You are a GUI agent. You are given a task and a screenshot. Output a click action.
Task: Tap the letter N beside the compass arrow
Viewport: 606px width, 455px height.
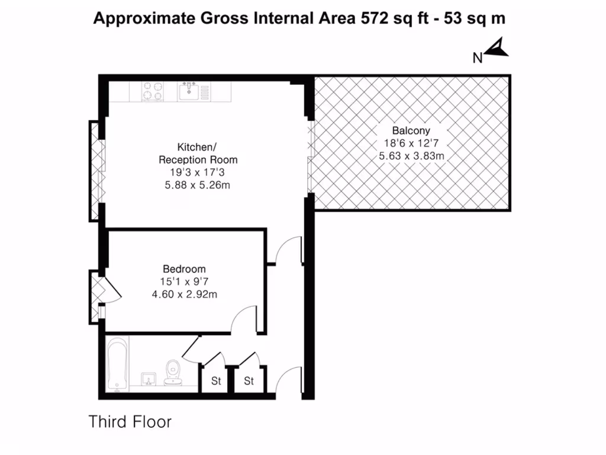(x=478, y=58)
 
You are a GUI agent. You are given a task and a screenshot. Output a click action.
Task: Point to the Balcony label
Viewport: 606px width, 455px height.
(x=411, y=131)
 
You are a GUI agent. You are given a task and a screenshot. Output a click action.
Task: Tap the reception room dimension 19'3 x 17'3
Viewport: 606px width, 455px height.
(x=198, y=172)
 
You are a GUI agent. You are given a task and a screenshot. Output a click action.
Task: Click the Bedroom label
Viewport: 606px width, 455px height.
(x=185, y=268)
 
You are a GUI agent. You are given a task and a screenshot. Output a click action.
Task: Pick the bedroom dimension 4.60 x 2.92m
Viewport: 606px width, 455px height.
(x=185, y=294)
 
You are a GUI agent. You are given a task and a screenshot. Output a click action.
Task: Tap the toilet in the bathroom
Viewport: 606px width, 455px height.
(x=173, y=372)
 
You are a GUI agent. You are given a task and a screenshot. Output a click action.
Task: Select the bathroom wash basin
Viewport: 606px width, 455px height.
(x=147, y=378)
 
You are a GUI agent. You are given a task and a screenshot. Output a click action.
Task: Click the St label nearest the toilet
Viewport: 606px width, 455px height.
(x=216, y=381)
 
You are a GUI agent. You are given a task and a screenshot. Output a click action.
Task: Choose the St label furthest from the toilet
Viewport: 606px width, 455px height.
(x=249, y=381)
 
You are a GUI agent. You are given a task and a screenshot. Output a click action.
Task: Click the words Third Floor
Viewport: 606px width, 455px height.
(x=130, y=422)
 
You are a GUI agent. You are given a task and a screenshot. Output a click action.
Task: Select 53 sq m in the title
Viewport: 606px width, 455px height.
(x=478, y=18)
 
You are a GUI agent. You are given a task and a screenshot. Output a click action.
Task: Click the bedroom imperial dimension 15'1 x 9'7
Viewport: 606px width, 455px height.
(x=185, y=281)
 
